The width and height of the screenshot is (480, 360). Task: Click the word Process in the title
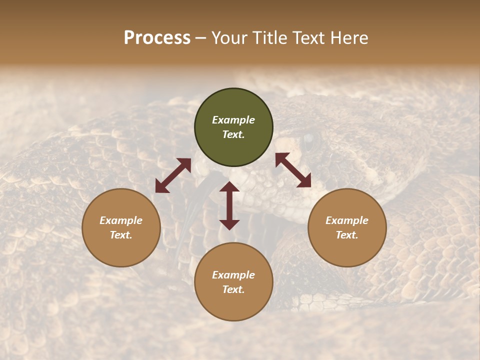click(x=157, y=38)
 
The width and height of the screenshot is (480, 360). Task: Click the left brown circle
click(x=121, y=227)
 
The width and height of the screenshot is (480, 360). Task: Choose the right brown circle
click(x=347, y=227)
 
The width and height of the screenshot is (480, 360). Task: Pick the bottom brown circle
click(x=233, y=281)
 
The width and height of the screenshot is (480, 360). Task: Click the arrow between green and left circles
click(x=173, y=175)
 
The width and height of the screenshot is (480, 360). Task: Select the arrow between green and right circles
click(x=293, y=170)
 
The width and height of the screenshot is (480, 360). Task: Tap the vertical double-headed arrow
click(x=229, y=205)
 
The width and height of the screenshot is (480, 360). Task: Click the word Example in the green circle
click(x=233, y=120)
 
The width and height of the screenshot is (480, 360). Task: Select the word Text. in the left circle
click(x=121, y=235)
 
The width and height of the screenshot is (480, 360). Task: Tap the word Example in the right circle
click(x=347, y=220)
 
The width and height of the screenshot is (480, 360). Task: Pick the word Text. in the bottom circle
click(x=233, y=289)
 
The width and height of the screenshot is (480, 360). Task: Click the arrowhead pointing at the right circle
click(x=304, y=180)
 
